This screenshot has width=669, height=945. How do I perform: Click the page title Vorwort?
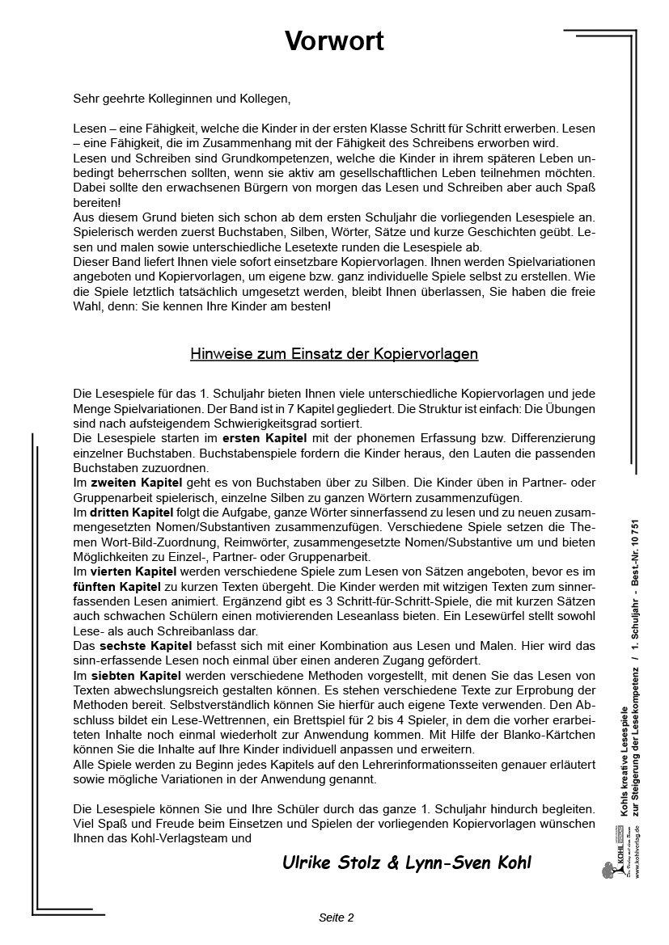pyautogui.click(x=334, y=42)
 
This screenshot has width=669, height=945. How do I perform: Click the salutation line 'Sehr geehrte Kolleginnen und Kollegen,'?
pyautogui.click(x=181, y=99)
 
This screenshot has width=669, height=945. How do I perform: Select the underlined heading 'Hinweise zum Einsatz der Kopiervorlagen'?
pyautogui.click(x=334, y=353)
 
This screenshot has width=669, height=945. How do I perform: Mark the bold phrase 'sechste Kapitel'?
pyautogui.click(x=146, y=646)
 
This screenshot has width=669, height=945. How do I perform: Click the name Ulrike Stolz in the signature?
pyautogui.click(x=331, y=862)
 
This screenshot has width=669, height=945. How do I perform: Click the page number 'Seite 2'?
pyautogui.click(x=337, y=918)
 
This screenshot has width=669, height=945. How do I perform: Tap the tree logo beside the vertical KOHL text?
pyautogui.click(x=608, y=871)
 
